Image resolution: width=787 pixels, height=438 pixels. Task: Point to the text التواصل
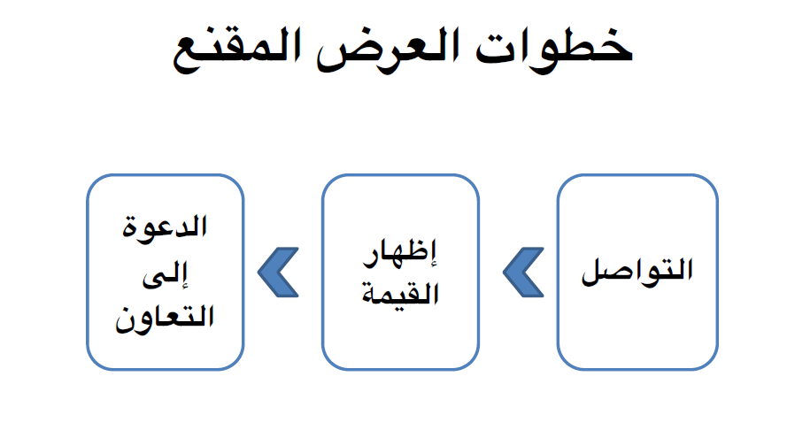point(637,271)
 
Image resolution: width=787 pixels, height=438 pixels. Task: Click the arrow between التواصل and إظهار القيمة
point(522,271)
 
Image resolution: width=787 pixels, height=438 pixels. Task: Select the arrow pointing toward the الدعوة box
point(277,271)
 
